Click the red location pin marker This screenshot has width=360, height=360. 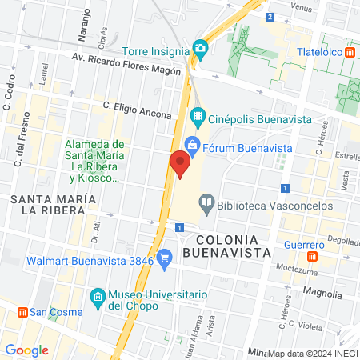coord(180,165)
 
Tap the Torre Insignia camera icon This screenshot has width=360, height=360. coord(200,49)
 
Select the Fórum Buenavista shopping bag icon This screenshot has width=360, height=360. coord(192,145)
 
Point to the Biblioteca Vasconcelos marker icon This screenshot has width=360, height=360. coord(206,203)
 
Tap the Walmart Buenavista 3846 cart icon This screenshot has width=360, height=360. coord(165,258)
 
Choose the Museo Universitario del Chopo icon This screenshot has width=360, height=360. coord(98,297)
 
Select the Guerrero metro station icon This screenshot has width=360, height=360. coord(314,258)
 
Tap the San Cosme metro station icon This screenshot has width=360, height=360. coord(23,311)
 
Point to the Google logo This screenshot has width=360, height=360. coord(26,350)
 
